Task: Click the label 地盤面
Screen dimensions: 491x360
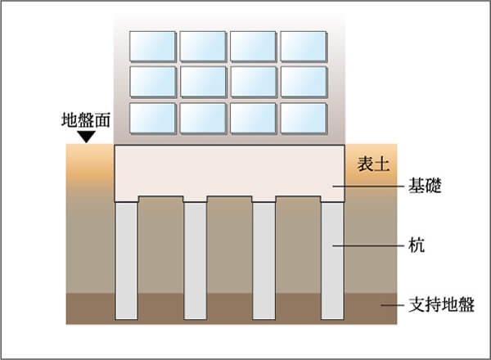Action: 85,120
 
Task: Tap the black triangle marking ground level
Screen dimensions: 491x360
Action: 87,137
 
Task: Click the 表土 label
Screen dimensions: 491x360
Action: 374,164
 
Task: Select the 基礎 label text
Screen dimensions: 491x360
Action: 425,186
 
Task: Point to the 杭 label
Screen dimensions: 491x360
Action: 417,245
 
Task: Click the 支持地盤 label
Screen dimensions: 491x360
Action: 441,304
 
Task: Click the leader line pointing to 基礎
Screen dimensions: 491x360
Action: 368,187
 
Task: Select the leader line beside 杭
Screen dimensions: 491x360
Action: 368,245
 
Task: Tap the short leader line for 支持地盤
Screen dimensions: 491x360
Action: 392,305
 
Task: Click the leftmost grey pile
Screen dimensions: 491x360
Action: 126,261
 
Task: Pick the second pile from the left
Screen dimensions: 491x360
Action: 195,261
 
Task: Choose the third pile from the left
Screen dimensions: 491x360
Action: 264,261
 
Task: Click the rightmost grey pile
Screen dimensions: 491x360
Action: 332,261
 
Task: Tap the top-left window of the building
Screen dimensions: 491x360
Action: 152,46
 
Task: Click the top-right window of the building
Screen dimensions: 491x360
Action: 304,46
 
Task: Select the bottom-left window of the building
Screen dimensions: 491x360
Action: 152,119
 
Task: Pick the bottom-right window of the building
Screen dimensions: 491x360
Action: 304,119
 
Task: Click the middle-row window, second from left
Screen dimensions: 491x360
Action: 203,82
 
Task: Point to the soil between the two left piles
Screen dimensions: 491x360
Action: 160,244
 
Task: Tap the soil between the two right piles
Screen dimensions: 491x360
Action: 299,244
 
